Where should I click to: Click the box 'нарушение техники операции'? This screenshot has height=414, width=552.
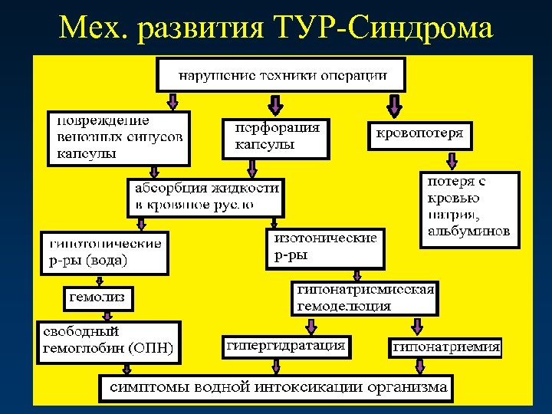tap(281, 76)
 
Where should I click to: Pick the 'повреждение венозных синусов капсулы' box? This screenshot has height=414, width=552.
tap(120, 137)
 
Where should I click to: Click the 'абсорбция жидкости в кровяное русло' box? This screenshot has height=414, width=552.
tap(205, 197)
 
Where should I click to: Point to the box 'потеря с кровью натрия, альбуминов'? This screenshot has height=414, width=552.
tap(469, 209)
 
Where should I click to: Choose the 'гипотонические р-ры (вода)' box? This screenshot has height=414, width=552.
tap(104, 251)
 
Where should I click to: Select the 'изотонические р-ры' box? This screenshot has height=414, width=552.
tap(326, 247)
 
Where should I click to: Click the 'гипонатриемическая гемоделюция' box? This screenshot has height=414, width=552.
tap(365, 298)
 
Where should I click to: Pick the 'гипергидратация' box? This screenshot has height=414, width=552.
tap(285, 346)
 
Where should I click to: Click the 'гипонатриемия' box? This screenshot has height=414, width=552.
tap(446, 347)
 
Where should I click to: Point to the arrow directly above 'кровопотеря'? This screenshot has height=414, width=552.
tap(395, 104)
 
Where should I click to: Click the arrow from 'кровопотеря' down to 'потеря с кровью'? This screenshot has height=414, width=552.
tap(452, 160)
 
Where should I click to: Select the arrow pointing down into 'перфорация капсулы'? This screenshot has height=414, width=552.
tap(274, 104)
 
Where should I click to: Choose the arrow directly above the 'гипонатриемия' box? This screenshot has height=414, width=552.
tap(416, 325)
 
